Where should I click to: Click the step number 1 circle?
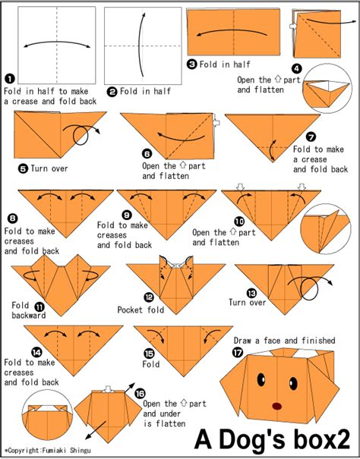click(x=10, y=79)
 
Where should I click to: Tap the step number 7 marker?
click(x=311, y=137)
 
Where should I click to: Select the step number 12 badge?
click(x=149, y=297)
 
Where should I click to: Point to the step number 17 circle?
click(x=238, y=353)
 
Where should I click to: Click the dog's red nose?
click(x=276, y=406)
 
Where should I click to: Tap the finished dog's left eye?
click(x=261, y=379)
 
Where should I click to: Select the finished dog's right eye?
click(x=293, y=383)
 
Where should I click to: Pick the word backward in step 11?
click(x=29, y=316)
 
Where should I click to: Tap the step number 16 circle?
click(x=141, y=394)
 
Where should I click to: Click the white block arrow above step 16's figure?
click(x=108, y=389)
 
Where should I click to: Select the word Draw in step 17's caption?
click(x=242, y=341)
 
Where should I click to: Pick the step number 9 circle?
click(x=127, y=215)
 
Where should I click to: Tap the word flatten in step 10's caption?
click(x=224, y=242)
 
